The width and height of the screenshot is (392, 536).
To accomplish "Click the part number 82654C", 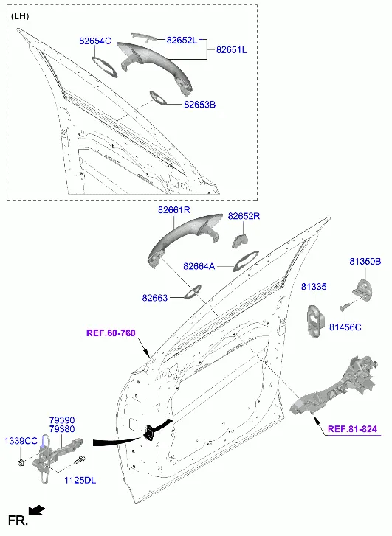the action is [95, 41].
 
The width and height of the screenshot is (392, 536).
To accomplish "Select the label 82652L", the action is [182, 40].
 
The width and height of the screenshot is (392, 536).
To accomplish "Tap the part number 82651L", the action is [231, 50].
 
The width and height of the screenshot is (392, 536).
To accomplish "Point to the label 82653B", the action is [200, 104].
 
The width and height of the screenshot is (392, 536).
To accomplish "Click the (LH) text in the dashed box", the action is [20, 16].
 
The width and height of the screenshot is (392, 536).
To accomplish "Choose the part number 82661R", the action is [174, 210].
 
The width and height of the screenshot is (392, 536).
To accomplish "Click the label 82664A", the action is [199, 266].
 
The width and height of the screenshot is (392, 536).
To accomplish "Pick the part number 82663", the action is [155, 298].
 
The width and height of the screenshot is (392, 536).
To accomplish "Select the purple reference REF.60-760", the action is [111, 333].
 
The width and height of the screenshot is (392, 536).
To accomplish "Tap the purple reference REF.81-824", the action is [352, 428].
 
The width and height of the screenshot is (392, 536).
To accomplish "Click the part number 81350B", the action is [365, 262].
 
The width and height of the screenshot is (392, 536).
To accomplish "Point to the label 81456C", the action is [345, 327].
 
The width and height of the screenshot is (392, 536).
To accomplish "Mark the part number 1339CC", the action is [21, 441].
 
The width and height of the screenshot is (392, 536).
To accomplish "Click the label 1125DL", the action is [80, 480].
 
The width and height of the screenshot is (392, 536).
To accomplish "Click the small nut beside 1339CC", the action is [21, 463].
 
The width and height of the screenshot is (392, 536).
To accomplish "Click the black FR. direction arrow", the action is [37, 510].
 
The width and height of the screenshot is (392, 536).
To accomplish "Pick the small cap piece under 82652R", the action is [241, 240].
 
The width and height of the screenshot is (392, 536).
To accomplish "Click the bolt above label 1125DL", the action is [80, 461].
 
